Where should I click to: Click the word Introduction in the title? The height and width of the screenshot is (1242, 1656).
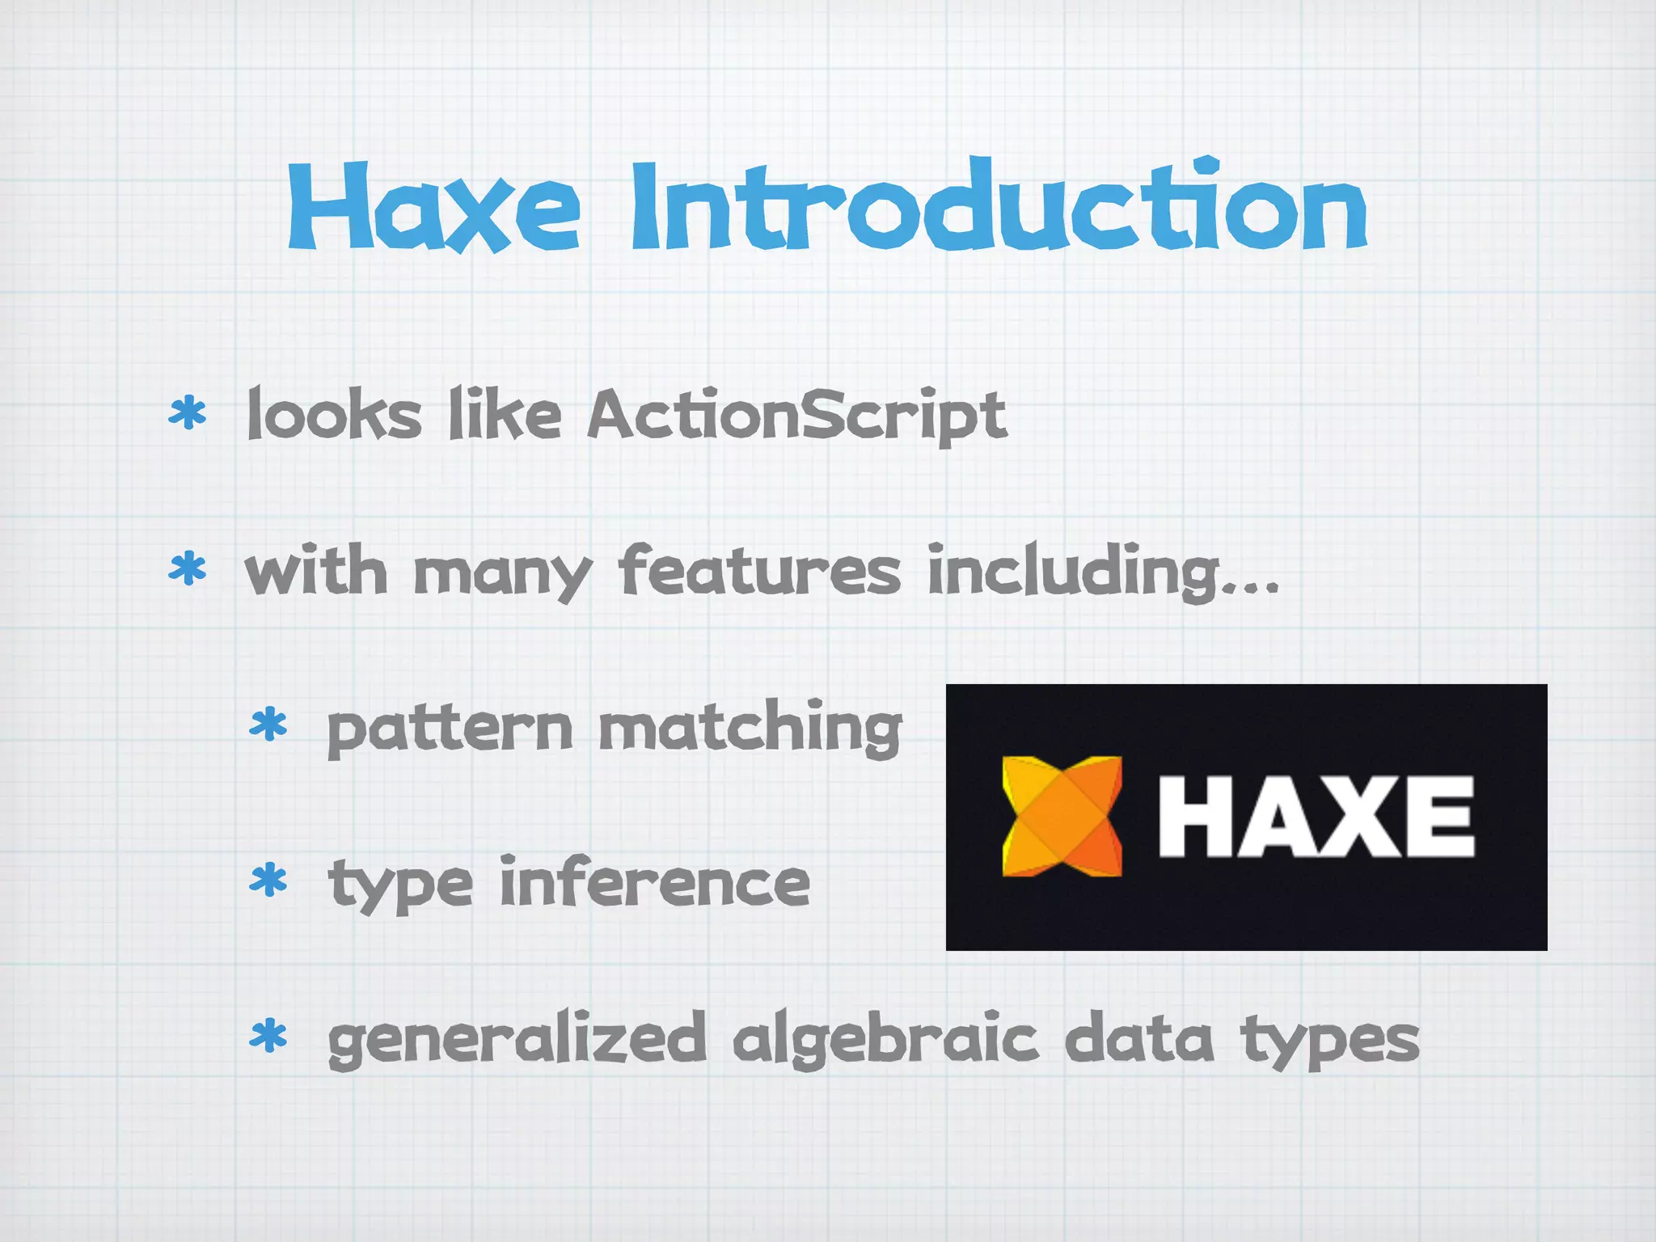click(999, 207)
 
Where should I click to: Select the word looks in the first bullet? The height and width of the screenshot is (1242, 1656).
click(334, 414)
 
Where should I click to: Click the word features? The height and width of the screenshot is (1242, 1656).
click(759, 569)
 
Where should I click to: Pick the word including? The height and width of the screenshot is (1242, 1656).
click(1103, 571)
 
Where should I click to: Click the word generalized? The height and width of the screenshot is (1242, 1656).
click(517, 1040)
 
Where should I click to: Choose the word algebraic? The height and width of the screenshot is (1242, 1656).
click(885, 1040)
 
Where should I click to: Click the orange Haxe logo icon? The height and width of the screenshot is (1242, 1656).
click(1062, 816)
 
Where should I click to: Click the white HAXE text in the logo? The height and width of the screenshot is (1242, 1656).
click(1316, 816)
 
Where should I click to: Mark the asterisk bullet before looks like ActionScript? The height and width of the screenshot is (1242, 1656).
click(187, 413)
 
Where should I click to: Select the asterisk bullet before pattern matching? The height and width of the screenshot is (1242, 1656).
click(268, 725)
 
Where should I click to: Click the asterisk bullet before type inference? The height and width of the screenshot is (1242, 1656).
click(268, 881)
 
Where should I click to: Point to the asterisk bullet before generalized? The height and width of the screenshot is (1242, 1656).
click(268, 1037)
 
